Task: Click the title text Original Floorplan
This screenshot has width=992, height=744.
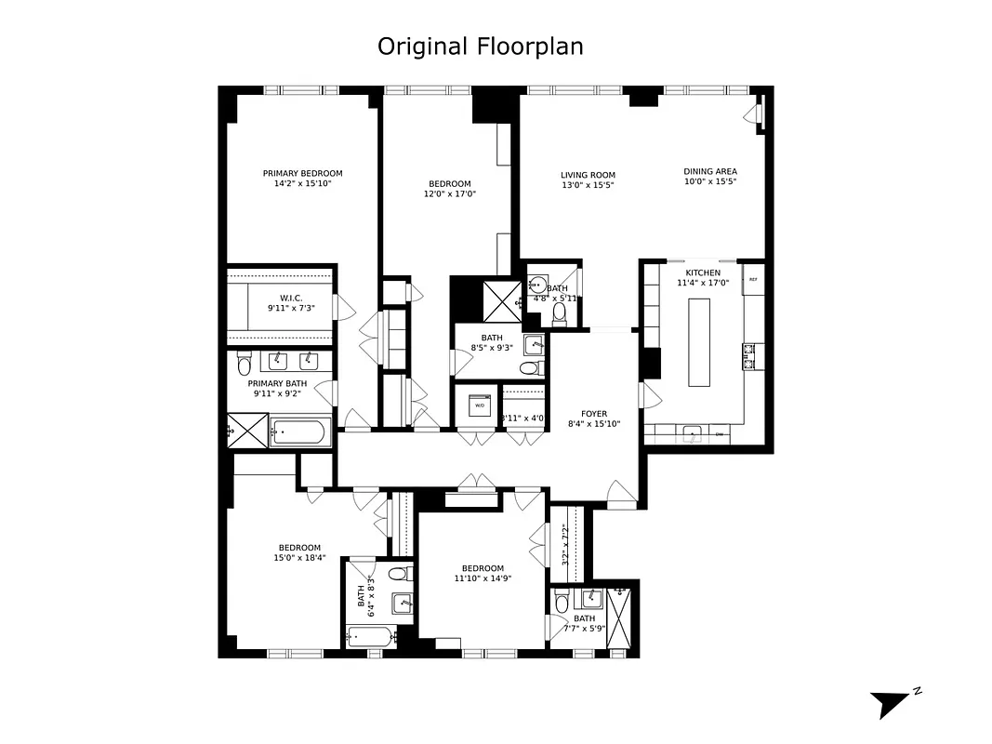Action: coord(480,46)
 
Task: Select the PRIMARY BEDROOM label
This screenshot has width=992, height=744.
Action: coord(302,173)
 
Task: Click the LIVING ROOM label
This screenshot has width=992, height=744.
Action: coord(588,175)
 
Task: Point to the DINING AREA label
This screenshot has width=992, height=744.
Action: coord(710,171)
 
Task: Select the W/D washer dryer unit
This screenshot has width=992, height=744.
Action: coord(480,405)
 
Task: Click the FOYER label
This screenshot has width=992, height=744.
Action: coord(594,412)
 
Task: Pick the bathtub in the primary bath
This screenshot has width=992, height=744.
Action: coord(299,432)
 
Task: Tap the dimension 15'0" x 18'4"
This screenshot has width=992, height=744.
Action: coord(299,558)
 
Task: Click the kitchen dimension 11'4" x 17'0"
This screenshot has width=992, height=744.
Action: coord(703,283)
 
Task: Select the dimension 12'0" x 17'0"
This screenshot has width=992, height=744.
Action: coord(449,194)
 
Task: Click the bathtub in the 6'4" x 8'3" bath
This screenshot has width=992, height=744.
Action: coord(369,637)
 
